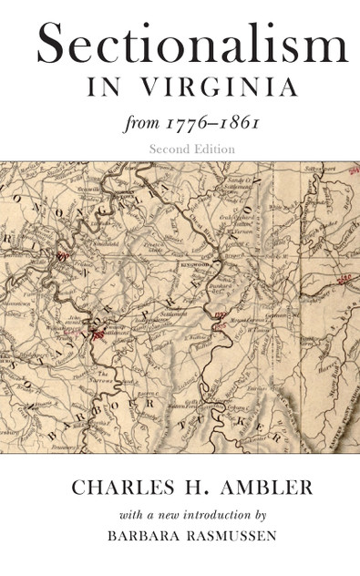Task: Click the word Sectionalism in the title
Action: [x=191, y=45]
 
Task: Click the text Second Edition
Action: [x=194, y=147]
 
